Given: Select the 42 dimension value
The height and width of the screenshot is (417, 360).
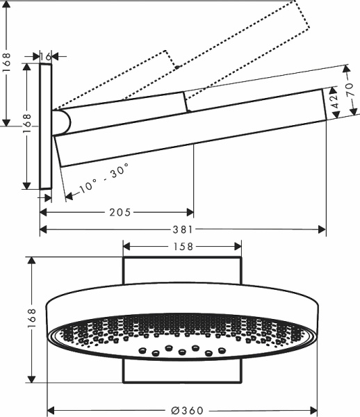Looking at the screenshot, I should click(x=334, y=101).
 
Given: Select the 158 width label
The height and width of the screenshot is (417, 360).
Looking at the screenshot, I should click(x=182, y=246).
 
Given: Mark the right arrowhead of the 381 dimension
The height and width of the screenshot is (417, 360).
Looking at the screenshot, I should click(x=322, y=229).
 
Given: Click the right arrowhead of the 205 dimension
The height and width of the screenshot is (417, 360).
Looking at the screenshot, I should click(x=190, y=211).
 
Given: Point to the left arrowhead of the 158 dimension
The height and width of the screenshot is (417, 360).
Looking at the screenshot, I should click(x=128, y=246).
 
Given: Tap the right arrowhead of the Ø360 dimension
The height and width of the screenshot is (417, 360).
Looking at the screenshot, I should click(x=313, y=410).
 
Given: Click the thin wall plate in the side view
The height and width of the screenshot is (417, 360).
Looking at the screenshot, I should click(x=46, y=126).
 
